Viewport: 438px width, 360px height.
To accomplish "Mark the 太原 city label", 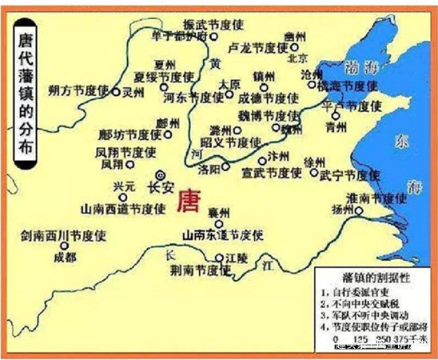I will pyautogui.click(x=229, y=83).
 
